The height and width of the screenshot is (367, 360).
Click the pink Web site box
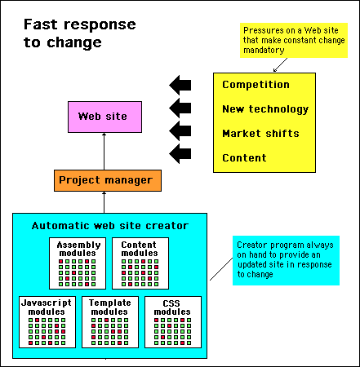pyautogui.click(x=104, y=117)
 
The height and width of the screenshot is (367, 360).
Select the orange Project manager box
pyautogui.click(x=108, y=180)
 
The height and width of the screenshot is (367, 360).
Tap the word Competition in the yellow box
pyautogui.click(x=256, y=85)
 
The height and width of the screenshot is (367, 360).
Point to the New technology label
pyautogui.click(x=265, y=109)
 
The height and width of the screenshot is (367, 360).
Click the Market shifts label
pyautogui.click(x=260, y=134)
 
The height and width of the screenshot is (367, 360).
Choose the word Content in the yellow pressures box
pyautogui.click(x=244, y=158)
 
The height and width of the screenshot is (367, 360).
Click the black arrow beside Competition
pyautogui.click(x=180, y=85)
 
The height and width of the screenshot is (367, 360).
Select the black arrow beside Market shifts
pyautogui.click(x=180, y=131)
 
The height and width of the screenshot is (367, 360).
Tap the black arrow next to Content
pyautogui.click(x=180, y=154)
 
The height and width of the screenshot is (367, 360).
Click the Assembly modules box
pyautogui.click(x=78, y=263)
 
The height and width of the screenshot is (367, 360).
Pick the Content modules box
pyautogui.click(x=140, y=263)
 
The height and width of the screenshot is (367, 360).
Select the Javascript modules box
pyautogui.click(x=47, y=322)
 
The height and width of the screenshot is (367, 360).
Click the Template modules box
pyautogui.click(x=110, y=322)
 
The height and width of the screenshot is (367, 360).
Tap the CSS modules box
pyautogui.click(x=173, y=322)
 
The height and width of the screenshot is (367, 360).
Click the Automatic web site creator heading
pyautogui.click(x=110, y=226)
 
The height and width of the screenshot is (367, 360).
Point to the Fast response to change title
pyautogui.click(x=80, y=33)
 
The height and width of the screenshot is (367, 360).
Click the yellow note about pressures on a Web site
pyautogui.click(x=294, y=40)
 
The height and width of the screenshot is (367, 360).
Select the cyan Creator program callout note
pyautogui.click(x=286, y=260)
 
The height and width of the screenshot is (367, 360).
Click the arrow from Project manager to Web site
pyautogui.click(x=104, y=152)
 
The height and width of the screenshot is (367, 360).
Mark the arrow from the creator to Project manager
pyautogui.click(x=104, y=202)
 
